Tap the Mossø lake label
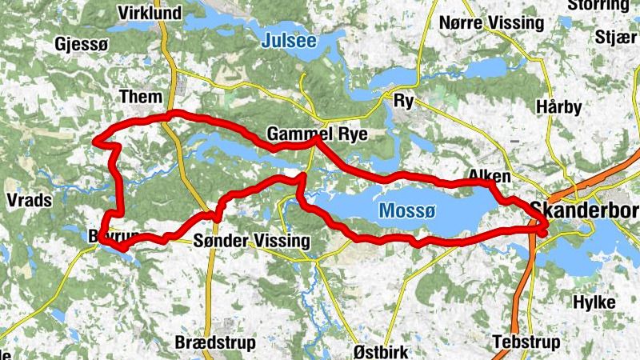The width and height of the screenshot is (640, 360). (406, 210)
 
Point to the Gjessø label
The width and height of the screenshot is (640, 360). (82, 44)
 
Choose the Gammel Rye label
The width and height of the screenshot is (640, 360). (318, 134)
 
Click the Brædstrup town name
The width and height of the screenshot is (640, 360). (215, 343)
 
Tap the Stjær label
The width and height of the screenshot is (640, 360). (615, 37)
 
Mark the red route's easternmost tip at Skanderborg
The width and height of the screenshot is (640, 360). (546, 226)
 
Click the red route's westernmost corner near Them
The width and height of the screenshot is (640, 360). (95, 142)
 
